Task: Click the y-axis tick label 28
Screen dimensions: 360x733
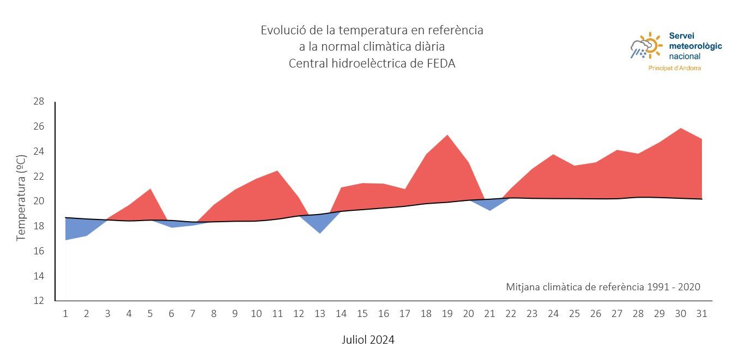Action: pos(38,101)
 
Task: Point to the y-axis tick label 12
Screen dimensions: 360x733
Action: pos(38,301)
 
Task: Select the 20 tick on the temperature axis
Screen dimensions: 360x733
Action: pos(38,201)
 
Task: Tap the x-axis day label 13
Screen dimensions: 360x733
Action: pos(320,314)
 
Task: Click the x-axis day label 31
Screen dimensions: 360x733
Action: pos(702,314)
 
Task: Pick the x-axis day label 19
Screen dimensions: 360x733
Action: pos(447,314)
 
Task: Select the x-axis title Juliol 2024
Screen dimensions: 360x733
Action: pos(368,340)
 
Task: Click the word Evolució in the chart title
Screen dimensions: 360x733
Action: pos(282,30)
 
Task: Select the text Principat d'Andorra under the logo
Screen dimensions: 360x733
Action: pos(674,68)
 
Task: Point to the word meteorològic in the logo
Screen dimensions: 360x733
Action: pos(695,46)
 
